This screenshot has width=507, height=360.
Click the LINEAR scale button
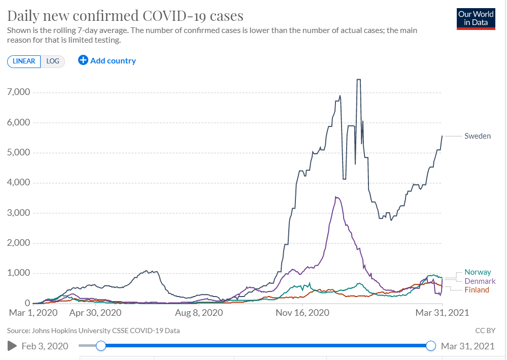[24, 61]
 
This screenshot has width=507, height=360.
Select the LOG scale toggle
[53, 61]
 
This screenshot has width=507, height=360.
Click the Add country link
[107, 61]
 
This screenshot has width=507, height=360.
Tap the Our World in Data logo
[476, 18]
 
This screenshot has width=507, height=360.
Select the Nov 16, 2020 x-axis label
[302, 312]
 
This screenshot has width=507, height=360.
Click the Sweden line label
[478, 136]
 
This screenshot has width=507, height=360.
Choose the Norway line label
[478, 273]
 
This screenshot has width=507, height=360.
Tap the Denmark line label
[480, 281]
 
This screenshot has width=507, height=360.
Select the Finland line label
[477, 290]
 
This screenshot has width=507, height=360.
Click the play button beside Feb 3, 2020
[12, 346]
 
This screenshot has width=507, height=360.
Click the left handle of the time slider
[101, 346]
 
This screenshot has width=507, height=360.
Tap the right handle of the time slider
[431, 346]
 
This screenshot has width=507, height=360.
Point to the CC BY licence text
[485, 331]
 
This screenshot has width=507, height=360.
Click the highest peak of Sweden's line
[358, 79]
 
